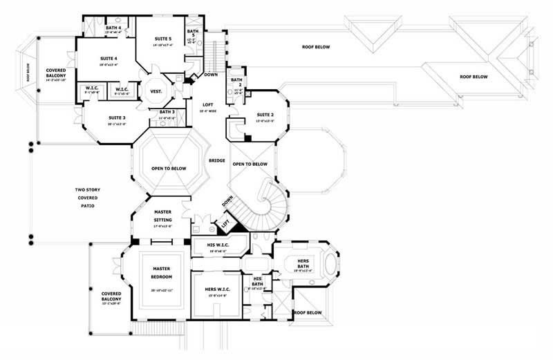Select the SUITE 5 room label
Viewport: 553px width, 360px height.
[162, 40]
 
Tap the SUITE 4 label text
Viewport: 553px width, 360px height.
[109, 59]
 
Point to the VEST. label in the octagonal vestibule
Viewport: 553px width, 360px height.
[156, 90]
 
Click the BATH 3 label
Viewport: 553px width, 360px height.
[167, 111]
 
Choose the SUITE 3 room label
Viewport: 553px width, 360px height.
[115, 117]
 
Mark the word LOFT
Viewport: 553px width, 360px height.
[207, 104]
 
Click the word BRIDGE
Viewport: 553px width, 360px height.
[216, 160]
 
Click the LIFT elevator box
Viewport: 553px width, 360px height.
[224, 223]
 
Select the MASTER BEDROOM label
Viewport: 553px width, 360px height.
[162, 272]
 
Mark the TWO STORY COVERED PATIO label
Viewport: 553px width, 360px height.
[86, 198]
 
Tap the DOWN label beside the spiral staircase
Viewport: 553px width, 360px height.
[227, 201]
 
